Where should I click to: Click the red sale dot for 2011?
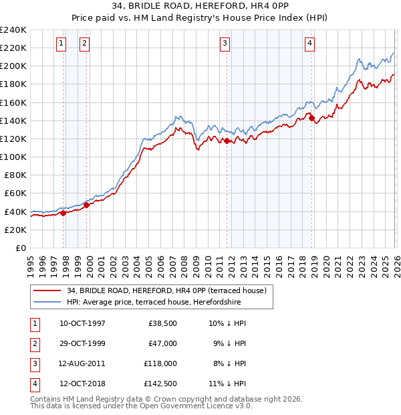(x=227, y=141)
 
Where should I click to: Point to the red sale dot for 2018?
(x=312, y=118)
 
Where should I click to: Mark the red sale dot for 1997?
(x=63, y=213)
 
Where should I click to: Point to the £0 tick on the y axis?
(x=21, y=248)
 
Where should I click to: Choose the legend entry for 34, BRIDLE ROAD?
(x=166, y=290)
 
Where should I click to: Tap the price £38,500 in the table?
(x=162, y=323)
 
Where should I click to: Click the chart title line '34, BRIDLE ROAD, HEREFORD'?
(x=200, y=7)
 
